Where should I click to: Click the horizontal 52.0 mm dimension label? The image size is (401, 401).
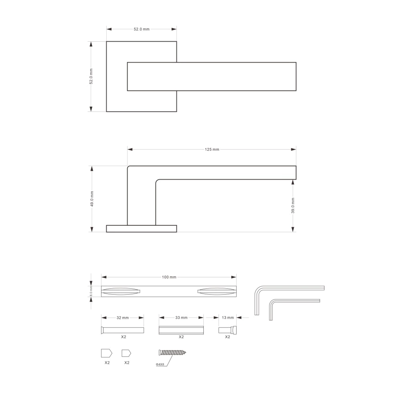(x=142, y=29)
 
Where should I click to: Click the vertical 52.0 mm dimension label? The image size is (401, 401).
(x=91, y=76)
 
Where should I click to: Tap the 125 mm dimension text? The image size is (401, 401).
(x=212, y=149)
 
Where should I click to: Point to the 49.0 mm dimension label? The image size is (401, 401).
(x=92, y=199)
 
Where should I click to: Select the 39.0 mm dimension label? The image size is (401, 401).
(x=293, y=205)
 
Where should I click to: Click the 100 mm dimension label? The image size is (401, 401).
(x=169, y=277)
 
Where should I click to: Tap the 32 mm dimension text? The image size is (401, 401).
(x=123, y=318)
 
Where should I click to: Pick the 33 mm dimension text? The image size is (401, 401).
(x=181, y=318)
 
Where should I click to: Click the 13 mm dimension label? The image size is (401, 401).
(x=228, y=318)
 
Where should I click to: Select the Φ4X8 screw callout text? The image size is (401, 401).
(x=160, y=364)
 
